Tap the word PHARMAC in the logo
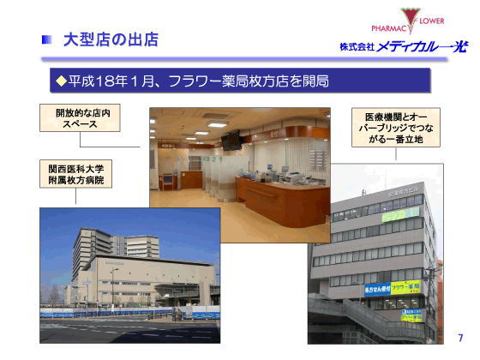[377, 28]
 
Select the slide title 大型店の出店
[111, 39]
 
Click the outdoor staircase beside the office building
[339, 317]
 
